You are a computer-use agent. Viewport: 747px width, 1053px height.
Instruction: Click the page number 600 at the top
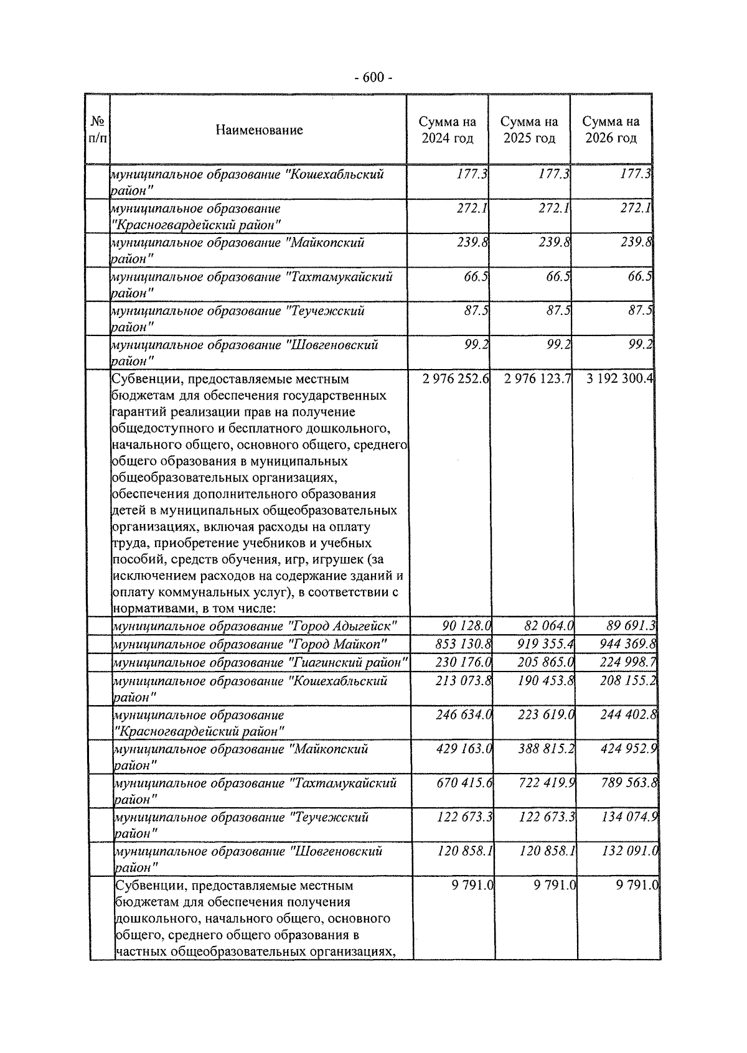tap(373, 78)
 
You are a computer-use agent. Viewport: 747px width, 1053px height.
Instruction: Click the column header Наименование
tap(259, 130)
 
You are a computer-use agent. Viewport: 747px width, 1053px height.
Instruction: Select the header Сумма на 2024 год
tap(447, 130)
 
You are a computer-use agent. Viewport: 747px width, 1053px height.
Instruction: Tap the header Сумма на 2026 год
tap(611, 130)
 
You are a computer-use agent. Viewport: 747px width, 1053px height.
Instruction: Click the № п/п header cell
tap(98, 130)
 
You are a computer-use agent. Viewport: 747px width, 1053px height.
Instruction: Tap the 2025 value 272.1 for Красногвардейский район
tap(554, 208)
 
